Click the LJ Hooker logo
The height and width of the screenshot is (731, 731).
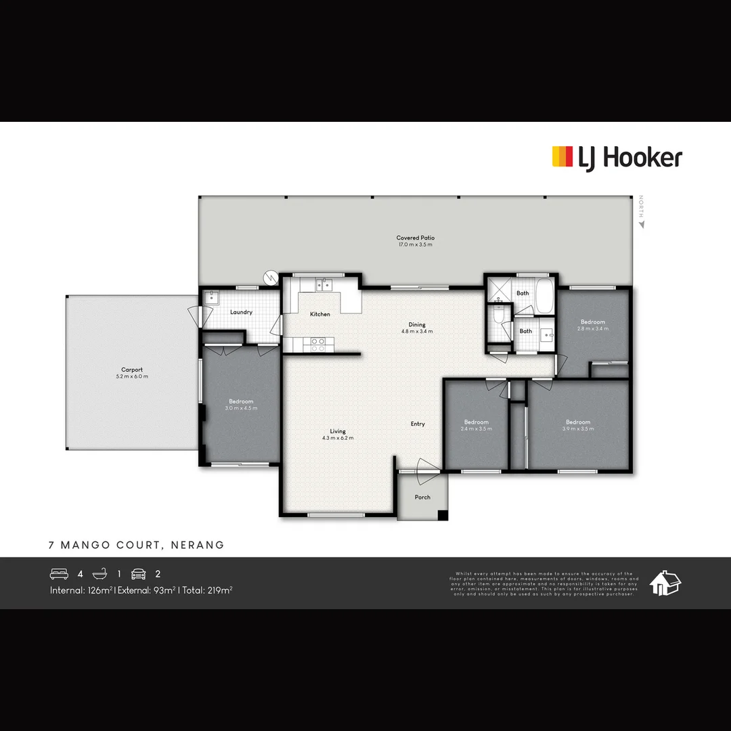617,158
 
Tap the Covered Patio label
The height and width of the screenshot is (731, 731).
416,238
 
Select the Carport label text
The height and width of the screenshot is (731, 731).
132,370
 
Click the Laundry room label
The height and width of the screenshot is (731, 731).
242,312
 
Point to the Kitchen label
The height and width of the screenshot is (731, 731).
320,314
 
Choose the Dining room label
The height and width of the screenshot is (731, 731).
417,324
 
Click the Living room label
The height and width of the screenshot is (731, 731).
338,431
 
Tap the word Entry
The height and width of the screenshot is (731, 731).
418,424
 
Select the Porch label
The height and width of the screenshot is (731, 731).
422,497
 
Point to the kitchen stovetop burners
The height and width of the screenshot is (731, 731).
317,345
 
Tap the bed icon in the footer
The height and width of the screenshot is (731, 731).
60,574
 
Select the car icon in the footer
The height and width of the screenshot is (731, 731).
139,574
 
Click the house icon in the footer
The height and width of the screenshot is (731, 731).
665,583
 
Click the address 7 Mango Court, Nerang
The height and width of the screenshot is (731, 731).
136,545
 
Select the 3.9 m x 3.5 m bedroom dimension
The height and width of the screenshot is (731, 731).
578,429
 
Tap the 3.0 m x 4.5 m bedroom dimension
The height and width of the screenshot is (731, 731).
241,408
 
